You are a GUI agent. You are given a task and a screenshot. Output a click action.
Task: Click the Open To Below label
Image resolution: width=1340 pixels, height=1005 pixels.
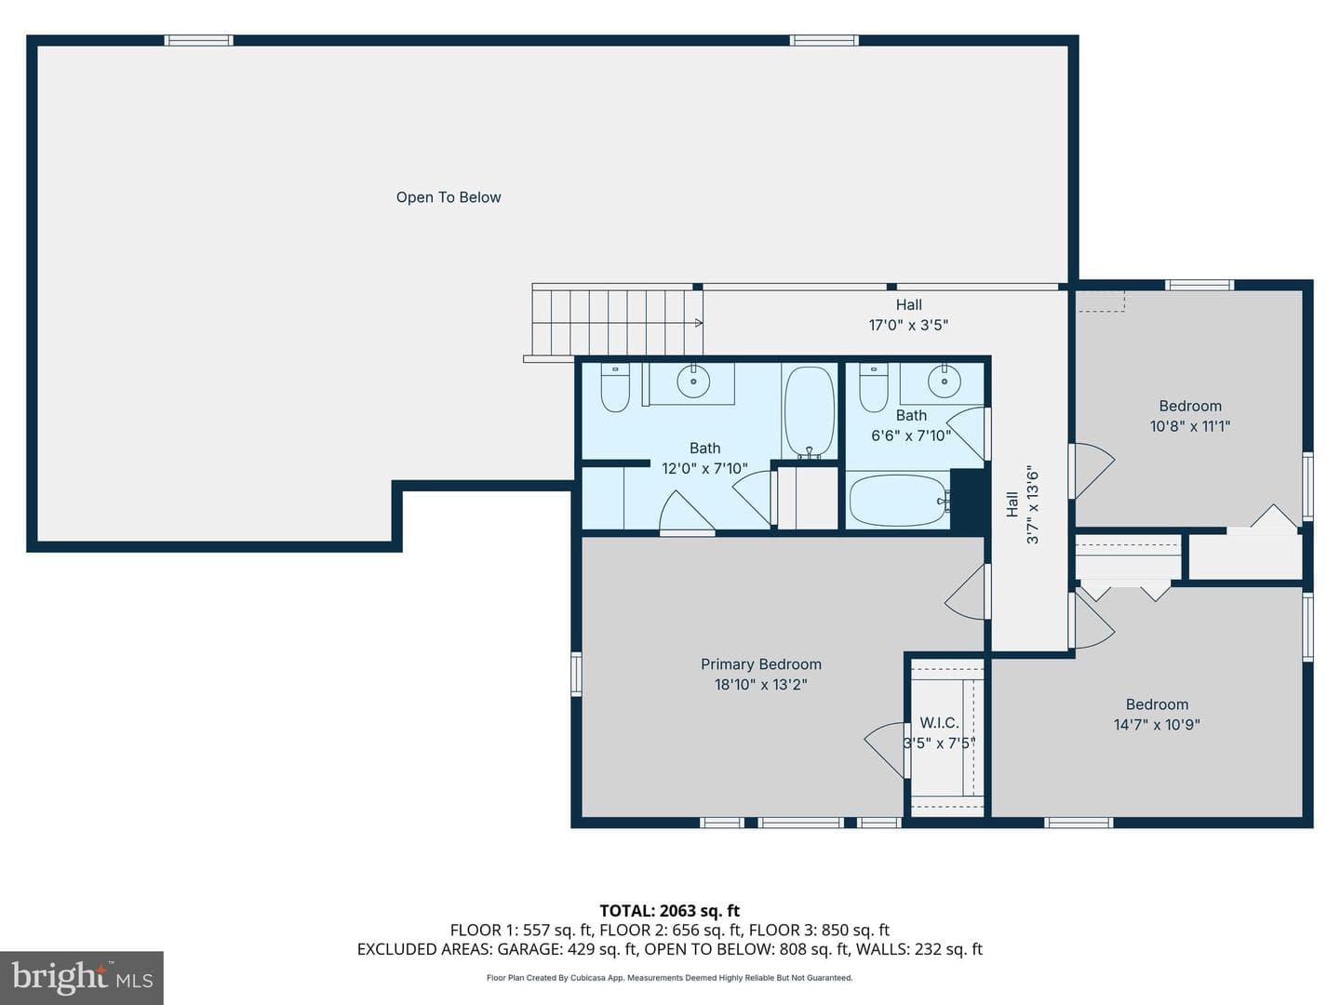(449, 197)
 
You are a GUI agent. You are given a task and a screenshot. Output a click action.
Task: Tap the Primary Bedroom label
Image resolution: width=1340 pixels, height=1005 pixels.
(760, 663)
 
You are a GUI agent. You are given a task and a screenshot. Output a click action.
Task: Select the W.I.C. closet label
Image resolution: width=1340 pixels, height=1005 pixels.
(939, 722)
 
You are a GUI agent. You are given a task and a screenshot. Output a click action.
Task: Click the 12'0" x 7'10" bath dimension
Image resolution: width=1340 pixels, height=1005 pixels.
(704, 468)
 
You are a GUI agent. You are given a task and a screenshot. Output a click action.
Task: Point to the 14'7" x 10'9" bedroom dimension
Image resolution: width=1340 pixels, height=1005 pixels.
(1157, 724)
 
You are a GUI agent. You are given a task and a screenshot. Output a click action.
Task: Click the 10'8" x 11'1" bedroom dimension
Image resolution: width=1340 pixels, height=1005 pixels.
(1190, 426)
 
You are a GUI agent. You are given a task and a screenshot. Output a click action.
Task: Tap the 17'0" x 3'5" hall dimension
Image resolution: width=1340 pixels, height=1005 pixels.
(908, 325)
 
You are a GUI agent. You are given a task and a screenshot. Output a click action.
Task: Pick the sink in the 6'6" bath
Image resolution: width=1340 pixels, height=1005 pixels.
(944, 382)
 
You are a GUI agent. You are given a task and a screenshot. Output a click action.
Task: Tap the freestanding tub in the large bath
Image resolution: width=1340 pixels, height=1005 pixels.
(809, 412)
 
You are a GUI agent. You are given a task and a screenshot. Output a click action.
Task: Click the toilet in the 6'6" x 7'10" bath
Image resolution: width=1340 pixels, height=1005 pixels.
(874, 387)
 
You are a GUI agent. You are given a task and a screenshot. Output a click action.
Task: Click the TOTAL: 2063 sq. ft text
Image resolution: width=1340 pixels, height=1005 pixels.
(669, 910)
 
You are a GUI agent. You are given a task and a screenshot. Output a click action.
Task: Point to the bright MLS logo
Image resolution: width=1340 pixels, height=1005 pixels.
(82, 977)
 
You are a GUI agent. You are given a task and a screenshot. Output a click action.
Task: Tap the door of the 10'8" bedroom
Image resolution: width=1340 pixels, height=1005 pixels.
(1091, 471)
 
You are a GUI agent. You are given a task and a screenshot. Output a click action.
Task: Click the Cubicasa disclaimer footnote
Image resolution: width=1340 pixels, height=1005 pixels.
(669, 977)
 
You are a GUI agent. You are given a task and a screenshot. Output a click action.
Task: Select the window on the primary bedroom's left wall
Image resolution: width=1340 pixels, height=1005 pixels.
(576, 674)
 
